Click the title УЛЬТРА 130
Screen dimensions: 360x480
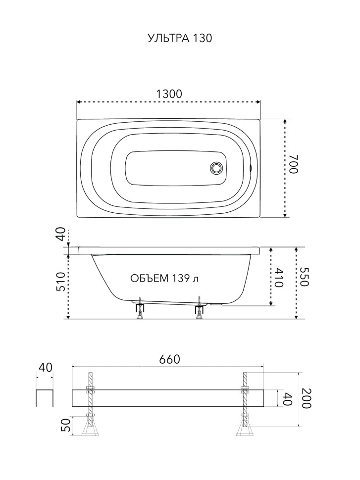(180, 38)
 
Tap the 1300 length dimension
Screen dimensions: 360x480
(169, 94)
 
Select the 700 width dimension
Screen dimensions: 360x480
(294, 164)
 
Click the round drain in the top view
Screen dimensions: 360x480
(217, 168)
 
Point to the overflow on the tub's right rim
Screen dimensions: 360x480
(251, 168)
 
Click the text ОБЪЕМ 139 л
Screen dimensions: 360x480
(164, 278)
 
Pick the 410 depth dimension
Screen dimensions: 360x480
(278, 277)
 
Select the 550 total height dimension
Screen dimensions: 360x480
(304, 277)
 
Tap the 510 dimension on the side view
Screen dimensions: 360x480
(61, 282)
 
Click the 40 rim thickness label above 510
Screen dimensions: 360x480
(61, 234)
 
